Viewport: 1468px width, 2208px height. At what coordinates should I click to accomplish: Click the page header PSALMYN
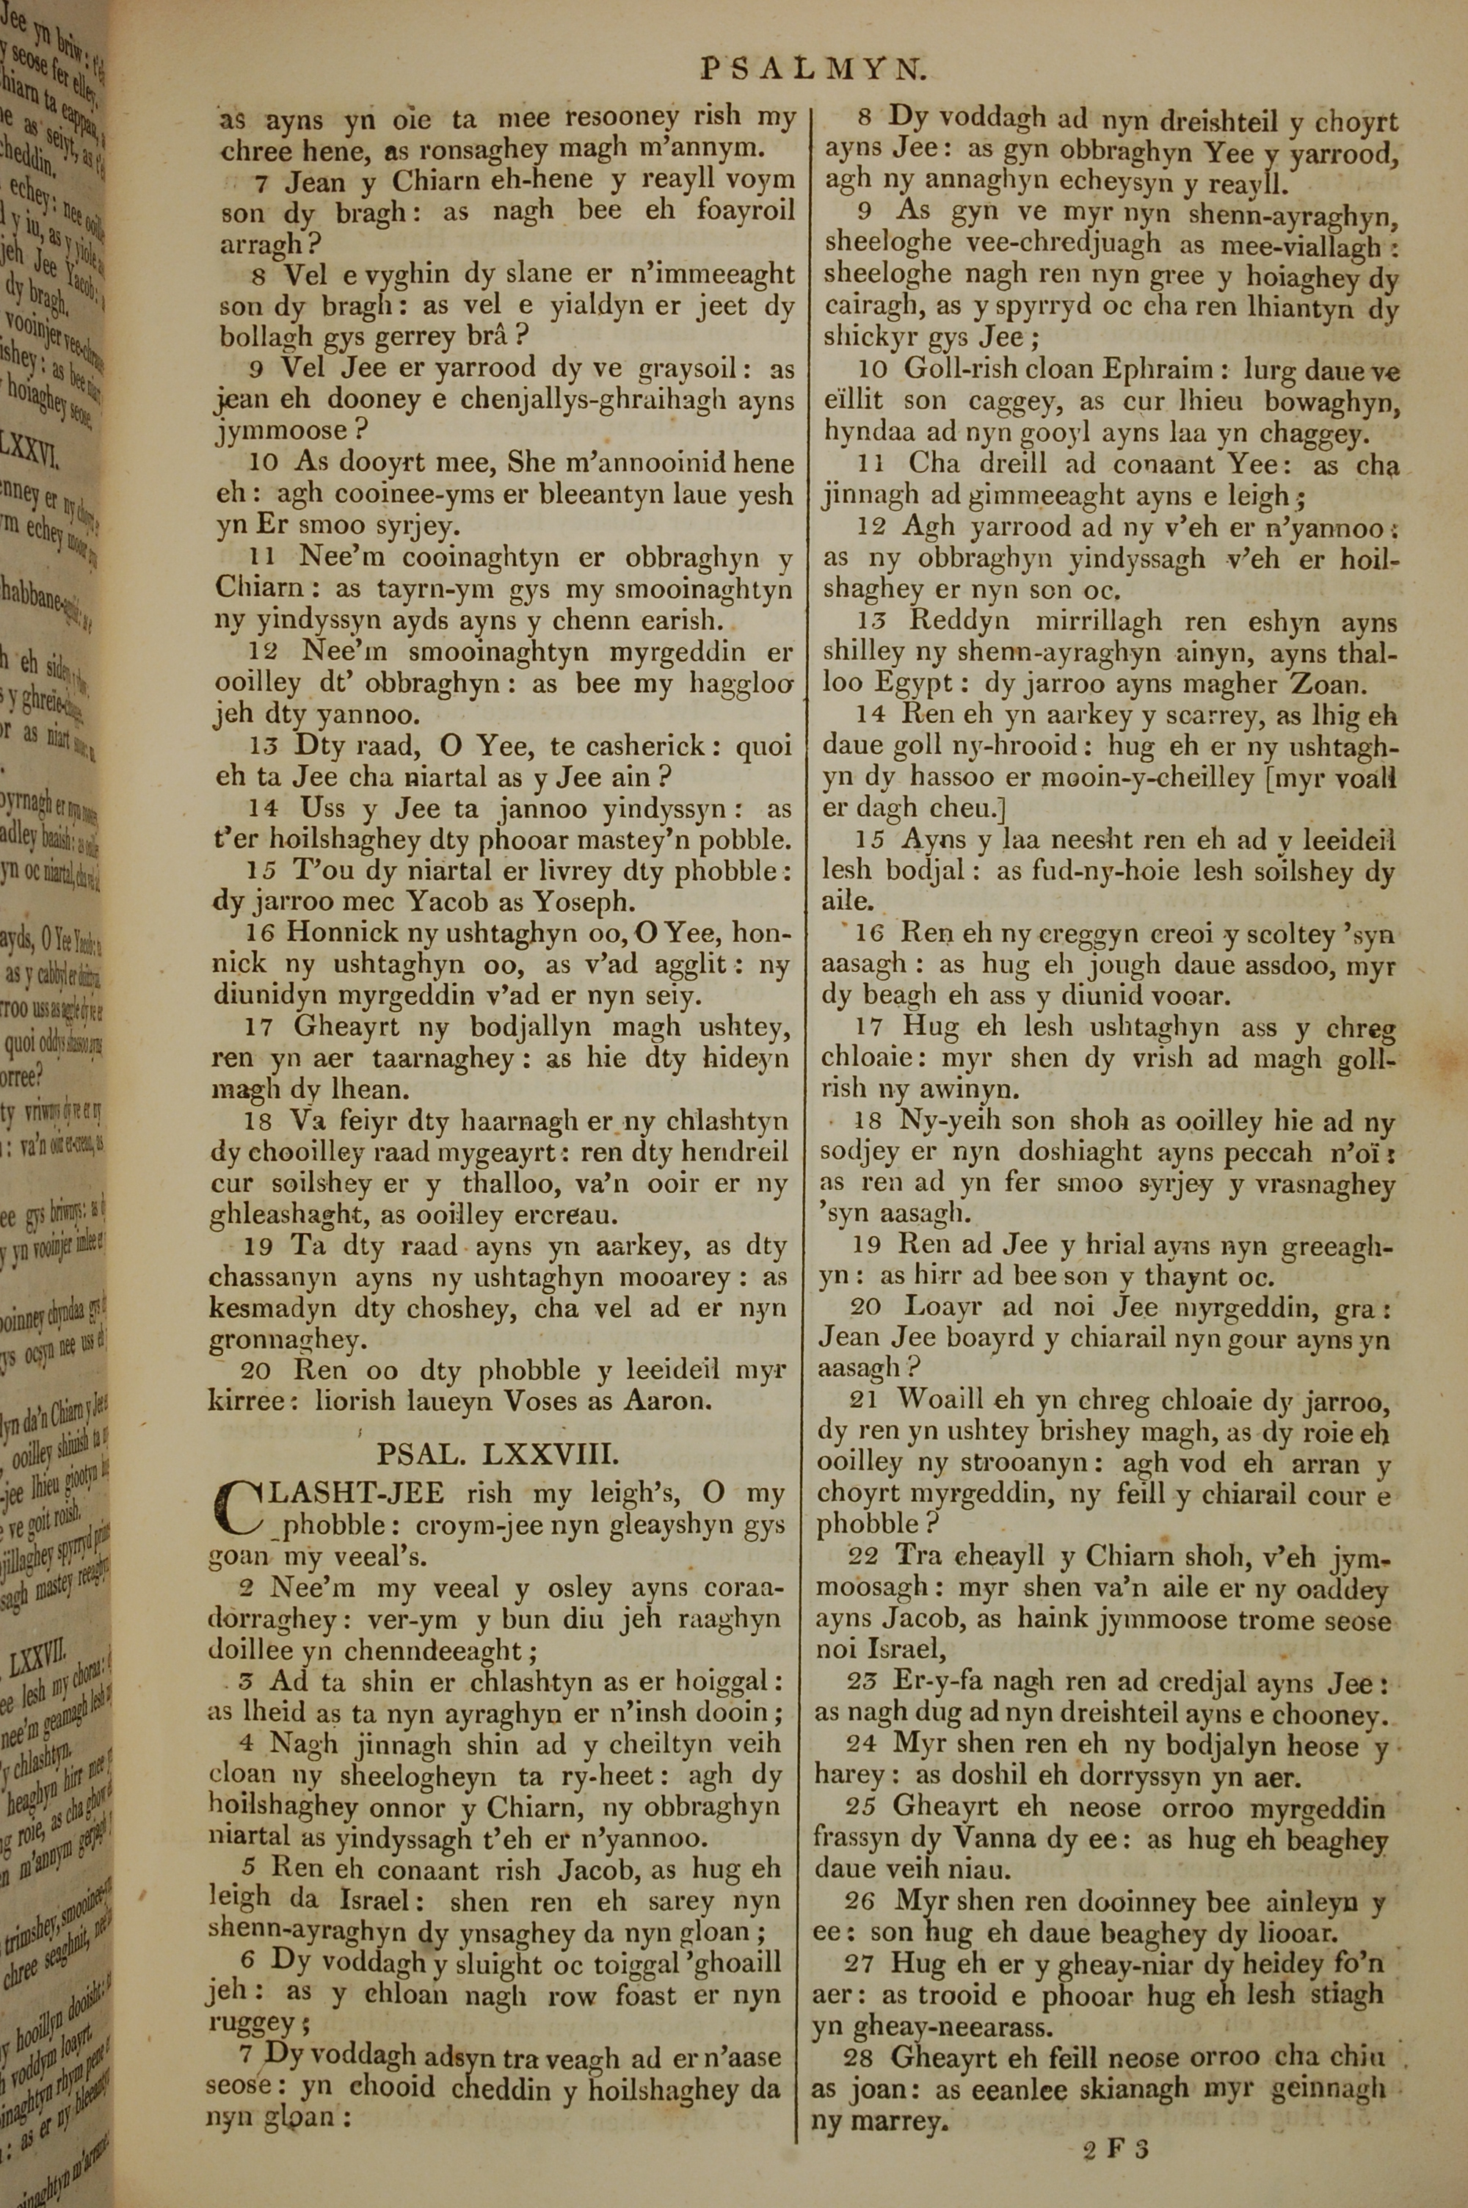tap(813, 68)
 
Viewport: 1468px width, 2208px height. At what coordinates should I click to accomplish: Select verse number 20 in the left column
tap(256, 1371)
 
